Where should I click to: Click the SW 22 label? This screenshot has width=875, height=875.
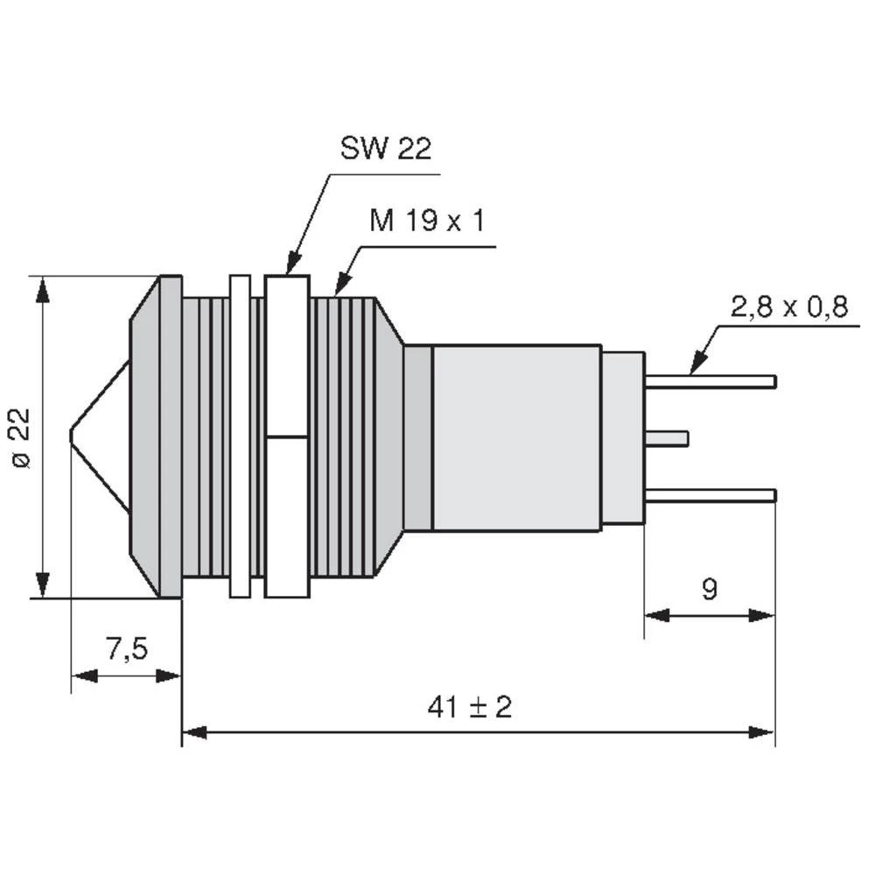coord(386,150)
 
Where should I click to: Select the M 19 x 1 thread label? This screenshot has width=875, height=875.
coord(427,221)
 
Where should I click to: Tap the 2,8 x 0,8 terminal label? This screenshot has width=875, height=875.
coord(789,307)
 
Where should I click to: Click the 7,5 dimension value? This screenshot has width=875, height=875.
coord(127,649)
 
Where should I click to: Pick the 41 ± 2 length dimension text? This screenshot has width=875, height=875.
coord(470,707)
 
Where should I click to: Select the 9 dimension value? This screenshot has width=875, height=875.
coord(710,589)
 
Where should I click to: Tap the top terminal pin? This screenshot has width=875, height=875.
coord(710,381)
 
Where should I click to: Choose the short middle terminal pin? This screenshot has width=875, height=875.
coord(667,437)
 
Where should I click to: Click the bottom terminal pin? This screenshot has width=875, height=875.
coord(710,495)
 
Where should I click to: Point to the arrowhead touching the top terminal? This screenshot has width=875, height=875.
coord(696,366)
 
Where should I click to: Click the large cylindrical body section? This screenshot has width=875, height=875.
coord(516,437)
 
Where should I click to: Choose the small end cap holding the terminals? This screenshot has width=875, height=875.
coord(623,437)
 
